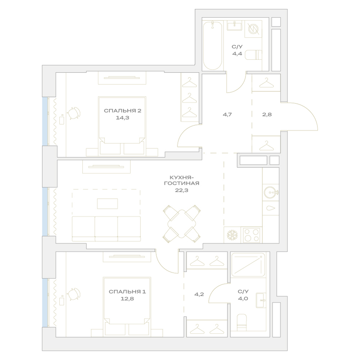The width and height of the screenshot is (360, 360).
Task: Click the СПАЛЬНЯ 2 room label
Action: click(x=123, y=111)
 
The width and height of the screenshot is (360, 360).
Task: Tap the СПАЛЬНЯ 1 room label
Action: click(x=127, y=292)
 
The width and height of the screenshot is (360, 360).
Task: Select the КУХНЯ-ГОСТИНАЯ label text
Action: click(x=181, y=180)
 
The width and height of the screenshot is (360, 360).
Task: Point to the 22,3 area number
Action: click(x=181, y=190)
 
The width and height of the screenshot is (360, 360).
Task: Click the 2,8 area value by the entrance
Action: click(x=267, y=114)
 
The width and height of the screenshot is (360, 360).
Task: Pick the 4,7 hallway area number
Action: click(x=227, y=114)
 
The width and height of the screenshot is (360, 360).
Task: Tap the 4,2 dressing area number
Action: click(x=199, y=294)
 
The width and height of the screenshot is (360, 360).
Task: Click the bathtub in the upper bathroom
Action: click(x=213, y=45)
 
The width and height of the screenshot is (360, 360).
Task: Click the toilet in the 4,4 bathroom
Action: click(x=253, y=55)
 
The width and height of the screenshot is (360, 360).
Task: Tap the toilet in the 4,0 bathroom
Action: click(x=242, y=322)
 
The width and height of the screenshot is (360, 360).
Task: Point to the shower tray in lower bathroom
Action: click(x=248, y=265)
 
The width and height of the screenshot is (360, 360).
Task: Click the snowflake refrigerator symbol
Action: click(x=232, y=235)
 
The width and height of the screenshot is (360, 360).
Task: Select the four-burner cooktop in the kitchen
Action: click(x=251, y=235)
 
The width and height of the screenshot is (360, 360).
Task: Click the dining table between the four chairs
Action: click(x=181, y=224)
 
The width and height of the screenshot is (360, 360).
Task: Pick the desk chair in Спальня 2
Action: click(x=74, y=113)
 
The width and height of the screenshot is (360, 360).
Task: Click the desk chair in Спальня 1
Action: click(x=74, y=294)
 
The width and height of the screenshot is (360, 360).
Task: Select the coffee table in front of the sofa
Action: click(x=107, y=204)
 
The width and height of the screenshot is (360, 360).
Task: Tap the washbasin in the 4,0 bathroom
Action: click(x=261, y=300)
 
